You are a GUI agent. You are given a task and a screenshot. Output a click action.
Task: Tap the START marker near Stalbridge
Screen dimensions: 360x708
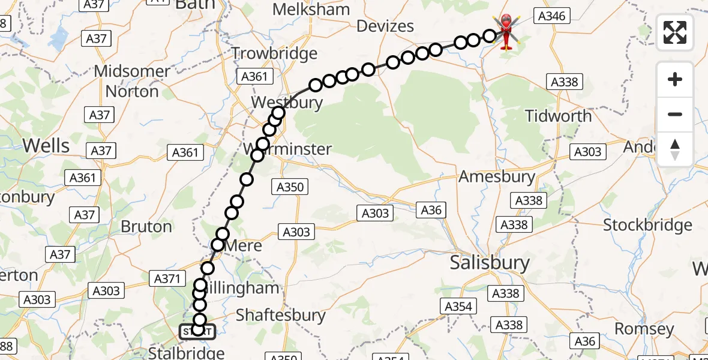[x=197, y=331]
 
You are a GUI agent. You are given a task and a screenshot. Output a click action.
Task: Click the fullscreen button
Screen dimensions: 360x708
[x=675, y=32]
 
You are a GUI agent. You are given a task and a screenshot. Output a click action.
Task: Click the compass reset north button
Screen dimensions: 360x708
[x=675, y=149]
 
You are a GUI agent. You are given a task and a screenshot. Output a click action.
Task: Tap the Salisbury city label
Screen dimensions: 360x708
[x=490, y=263]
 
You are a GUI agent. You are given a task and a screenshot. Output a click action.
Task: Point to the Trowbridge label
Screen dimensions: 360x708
[x=274, y=53]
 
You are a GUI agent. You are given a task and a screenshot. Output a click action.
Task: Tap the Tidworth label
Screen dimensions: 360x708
[x=558, y=115]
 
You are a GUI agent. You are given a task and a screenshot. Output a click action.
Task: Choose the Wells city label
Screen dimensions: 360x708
[x=46, y=145]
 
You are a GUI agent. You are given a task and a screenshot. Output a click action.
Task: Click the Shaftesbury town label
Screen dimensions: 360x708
[x=281, y=315]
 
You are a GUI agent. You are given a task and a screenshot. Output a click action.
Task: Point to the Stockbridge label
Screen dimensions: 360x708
[x=647, y=225]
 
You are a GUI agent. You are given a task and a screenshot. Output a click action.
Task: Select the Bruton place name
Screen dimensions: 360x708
[x=146, y=226]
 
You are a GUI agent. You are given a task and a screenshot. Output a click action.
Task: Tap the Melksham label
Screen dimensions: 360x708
[x=311, y=10]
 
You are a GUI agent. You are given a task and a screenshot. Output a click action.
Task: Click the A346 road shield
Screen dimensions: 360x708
[x=551, y=16]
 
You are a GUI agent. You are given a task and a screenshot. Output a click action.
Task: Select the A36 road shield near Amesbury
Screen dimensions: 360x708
[x=431, y=209]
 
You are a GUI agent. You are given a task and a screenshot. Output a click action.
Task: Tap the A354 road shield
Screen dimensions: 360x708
[x=458, y=307]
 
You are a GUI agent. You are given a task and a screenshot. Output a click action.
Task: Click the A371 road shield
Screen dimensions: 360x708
[x=167, y=278]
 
